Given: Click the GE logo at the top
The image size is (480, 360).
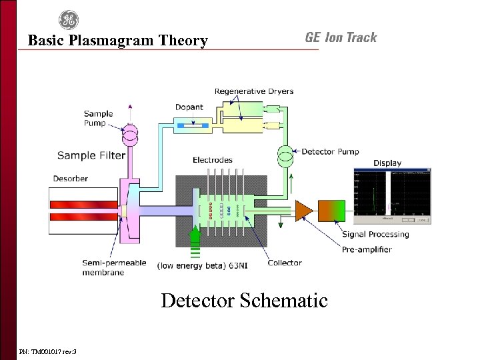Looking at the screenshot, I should [x=69, y=20].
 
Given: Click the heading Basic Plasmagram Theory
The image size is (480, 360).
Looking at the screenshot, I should [x=117, y=41].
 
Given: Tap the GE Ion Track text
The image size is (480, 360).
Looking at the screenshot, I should [x=341, y=37].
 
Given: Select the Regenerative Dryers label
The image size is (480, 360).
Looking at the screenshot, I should [x=254, y=91].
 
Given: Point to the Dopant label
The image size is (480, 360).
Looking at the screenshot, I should [x=189, y=107].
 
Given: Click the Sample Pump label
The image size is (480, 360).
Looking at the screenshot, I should [x=99, y=119].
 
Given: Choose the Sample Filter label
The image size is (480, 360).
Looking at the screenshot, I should [x=91, y=155].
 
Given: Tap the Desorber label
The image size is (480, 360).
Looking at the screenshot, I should [x=71, y=178].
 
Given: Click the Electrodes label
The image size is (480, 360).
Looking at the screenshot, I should [x=213, y=160].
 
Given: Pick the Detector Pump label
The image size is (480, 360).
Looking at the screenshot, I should [x=330, y=152].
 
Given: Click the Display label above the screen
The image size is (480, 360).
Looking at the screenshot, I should [x=387, y=163].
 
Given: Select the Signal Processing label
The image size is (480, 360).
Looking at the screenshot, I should [x=375, y=234].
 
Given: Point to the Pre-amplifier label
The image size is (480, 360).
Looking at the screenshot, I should [x=367, y=249].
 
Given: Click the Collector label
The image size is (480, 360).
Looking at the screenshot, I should [x=285, y=263].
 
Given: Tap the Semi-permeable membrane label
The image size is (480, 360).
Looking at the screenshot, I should [x=114, y=267].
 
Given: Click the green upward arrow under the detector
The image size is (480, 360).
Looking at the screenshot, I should [x=195, y=238].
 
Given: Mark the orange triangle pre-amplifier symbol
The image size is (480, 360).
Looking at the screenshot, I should [x=303, y=209].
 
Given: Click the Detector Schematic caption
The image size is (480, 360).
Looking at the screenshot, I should [x=244, y=301].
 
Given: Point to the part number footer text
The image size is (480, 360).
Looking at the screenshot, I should [x=48, y=351].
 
